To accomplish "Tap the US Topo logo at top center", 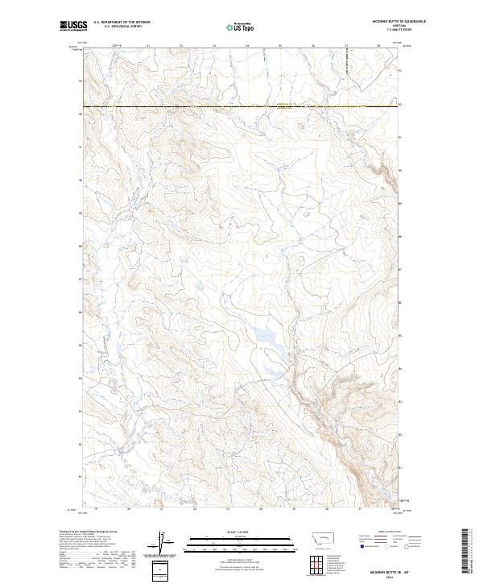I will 242,27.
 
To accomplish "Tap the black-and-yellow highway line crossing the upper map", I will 242,106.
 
